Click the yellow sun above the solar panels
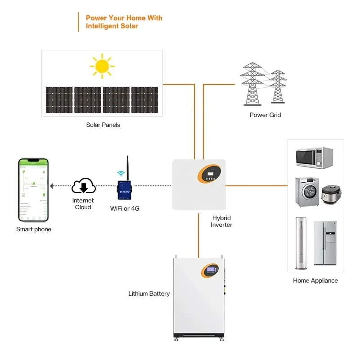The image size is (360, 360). coord(102,67)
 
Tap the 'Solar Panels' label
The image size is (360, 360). coord(103,125)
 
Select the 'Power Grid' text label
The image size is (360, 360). coord(265,115)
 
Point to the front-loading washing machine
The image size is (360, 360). coord(306,192)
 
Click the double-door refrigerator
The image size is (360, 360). coord(325,243)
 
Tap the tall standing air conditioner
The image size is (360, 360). coord(301,243)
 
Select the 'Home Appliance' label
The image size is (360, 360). coord(315,280)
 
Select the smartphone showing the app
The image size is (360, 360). coord(33,189)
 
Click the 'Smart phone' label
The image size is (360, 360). coord(34,229)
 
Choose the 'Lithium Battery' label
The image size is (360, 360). coord(149,293)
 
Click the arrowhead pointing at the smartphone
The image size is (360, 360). coord(52,185)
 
